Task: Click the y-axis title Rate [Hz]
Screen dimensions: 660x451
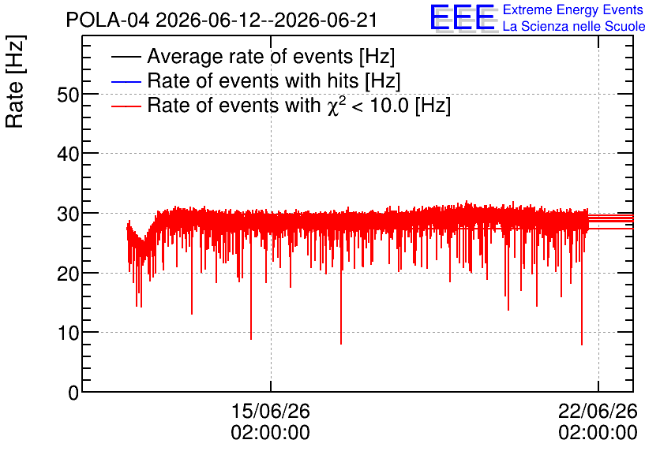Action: pos(15,81)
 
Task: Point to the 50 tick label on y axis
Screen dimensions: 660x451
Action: pos(68,95)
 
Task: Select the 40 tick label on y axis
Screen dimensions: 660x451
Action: pos(68,155)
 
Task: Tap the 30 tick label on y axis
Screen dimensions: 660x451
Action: pos(68,214)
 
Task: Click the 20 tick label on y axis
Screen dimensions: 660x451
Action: pos(68,274)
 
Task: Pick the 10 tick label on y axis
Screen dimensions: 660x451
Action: pos(68,334)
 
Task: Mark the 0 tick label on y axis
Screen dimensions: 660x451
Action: pos(74,393)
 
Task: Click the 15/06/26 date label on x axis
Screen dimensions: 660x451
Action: pos(271,411)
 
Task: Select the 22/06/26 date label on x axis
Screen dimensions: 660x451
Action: pos(598,411)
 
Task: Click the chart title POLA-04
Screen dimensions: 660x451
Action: pos(107,20)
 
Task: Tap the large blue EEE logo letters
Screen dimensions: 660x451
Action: pos(462,17)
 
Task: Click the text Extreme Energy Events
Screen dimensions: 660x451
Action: pos(573,9)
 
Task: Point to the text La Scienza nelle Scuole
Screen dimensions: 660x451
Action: pos(574,27)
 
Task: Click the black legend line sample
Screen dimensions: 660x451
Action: pos(126,57)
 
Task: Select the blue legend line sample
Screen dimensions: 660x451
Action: pos(126,81)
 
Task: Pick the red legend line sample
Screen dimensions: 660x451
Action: pos(126,106)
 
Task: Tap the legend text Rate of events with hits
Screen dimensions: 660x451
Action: pos(253,80)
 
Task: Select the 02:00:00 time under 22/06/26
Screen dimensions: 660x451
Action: pos(598,433)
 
